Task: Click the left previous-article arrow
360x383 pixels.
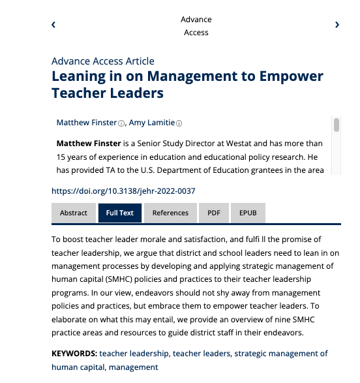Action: point(53,25)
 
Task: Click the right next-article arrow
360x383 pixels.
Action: point(337,25)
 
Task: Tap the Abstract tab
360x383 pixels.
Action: point(74,213)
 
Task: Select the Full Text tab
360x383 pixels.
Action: point(120,213)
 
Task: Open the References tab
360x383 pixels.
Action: point(170,213)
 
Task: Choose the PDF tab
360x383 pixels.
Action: point(214,213)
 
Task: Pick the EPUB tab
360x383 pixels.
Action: point(248,213)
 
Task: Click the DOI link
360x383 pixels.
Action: point(123,191)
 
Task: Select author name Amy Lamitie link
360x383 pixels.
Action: point(152,123)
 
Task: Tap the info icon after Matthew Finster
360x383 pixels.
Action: point(121,123)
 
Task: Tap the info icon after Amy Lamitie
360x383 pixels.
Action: point(179,123)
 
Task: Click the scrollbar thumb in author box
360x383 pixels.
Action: point(337,125)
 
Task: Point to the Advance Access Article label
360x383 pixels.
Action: point(103,61)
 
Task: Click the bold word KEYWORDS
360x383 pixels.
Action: point(74,354)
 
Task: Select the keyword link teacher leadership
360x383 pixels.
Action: point(134,354)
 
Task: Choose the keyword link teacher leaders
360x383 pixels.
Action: point(202,354)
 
